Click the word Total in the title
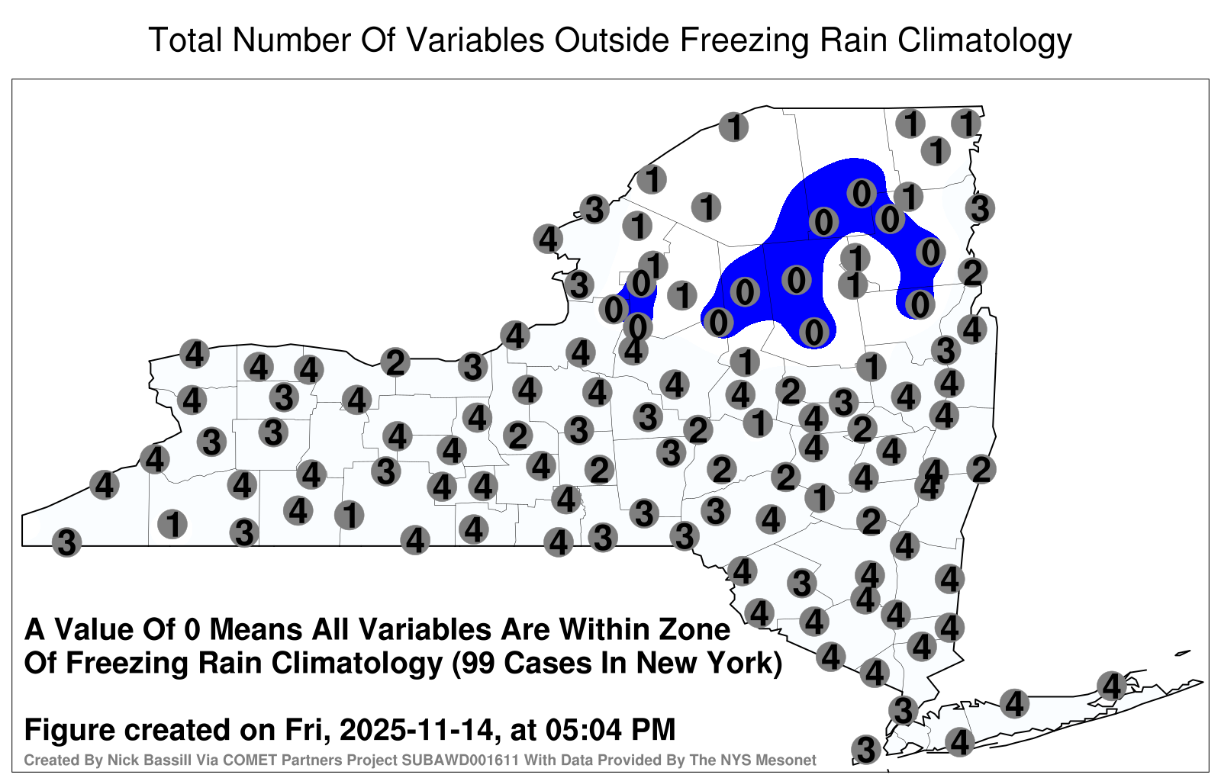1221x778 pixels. pos(185,40)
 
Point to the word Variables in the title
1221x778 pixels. pos(474,40)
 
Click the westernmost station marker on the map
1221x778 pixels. pos(66,542)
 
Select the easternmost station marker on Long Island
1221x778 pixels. pos(1111,686)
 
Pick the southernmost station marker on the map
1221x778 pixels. pos(866,749)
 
